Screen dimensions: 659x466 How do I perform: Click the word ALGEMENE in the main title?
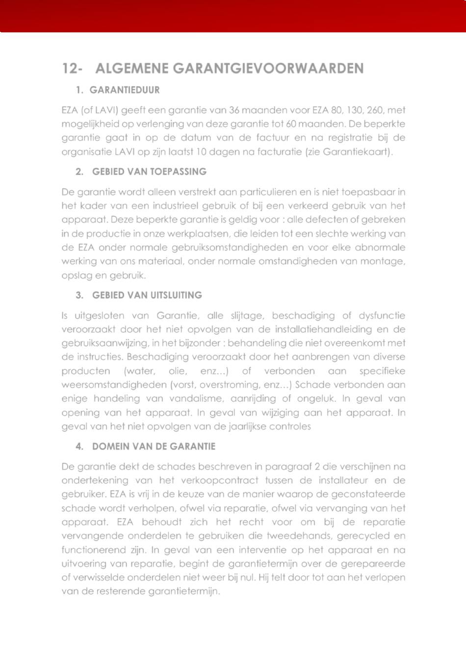[x=132, y=68]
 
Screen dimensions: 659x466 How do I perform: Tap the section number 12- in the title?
[x=72, y=68]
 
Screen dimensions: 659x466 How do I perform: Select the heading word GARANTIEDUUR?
[x=125, y=90]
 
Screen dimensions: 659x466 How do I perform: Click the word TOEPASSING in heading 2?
[x=178, y=172]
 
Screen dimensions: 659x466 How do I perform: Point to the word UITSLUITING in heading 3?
[x=176, y=295]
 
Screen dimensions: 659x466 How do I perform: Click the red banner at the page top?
[x=233, y=16]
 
